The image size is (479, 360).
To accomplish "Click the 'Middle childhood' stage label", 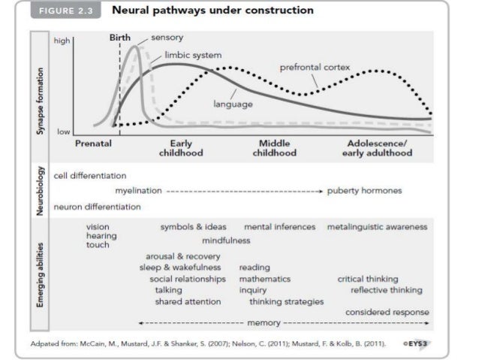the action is (x=276, y=147).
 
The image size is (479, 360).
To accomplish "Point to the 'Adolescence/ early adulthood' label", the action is (x=380, y=147).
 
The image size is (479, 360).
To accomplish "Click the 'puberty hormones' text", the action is (x=364, y=190).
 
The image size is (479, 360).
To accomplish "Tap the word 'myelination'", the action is (x=139, y=190).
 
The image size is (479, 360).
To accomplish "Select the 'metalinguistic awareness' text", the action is (x=377, y=226).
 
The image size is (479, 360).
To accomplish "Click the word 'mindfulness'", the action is (x=227, y=241).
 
